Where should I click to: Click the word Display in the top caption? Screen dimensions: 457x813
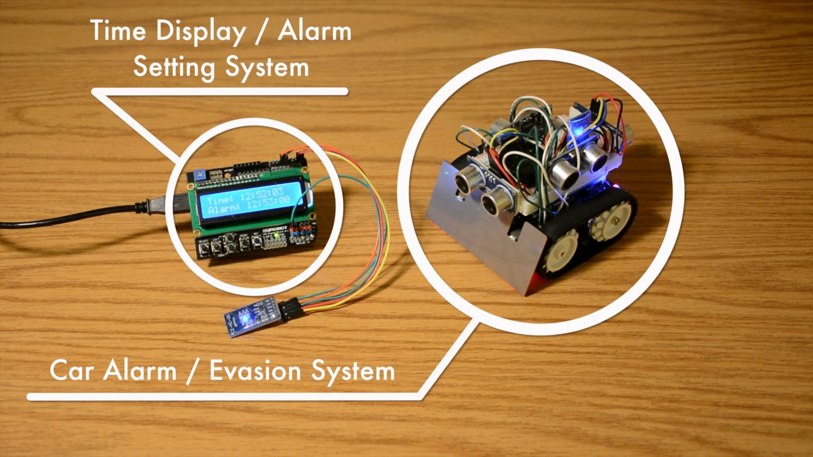tap(201, 31)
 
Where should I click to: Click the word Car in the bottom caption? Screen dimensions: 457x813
tap(72, 371)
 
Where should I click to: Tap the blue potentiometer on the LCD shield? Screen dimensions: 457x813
tap(199, 175)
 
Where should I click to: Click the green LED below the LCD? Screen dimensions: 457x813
tap(277, 235)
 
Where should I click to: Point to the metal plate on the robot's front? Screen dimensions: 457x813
tap(477, 239)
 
